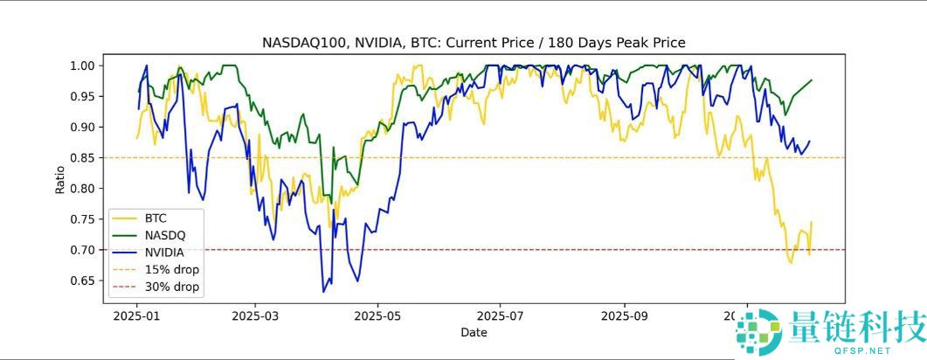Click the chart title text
(474, 42)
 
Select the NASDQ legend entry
(164, 235)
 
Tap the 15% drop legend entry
(172, 269)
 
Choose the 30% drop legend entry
(172, 287)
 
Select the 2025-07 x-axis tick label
(502, 316)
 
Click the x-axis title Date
(474, 332)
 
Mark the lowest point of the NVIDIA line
(323, 292)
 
